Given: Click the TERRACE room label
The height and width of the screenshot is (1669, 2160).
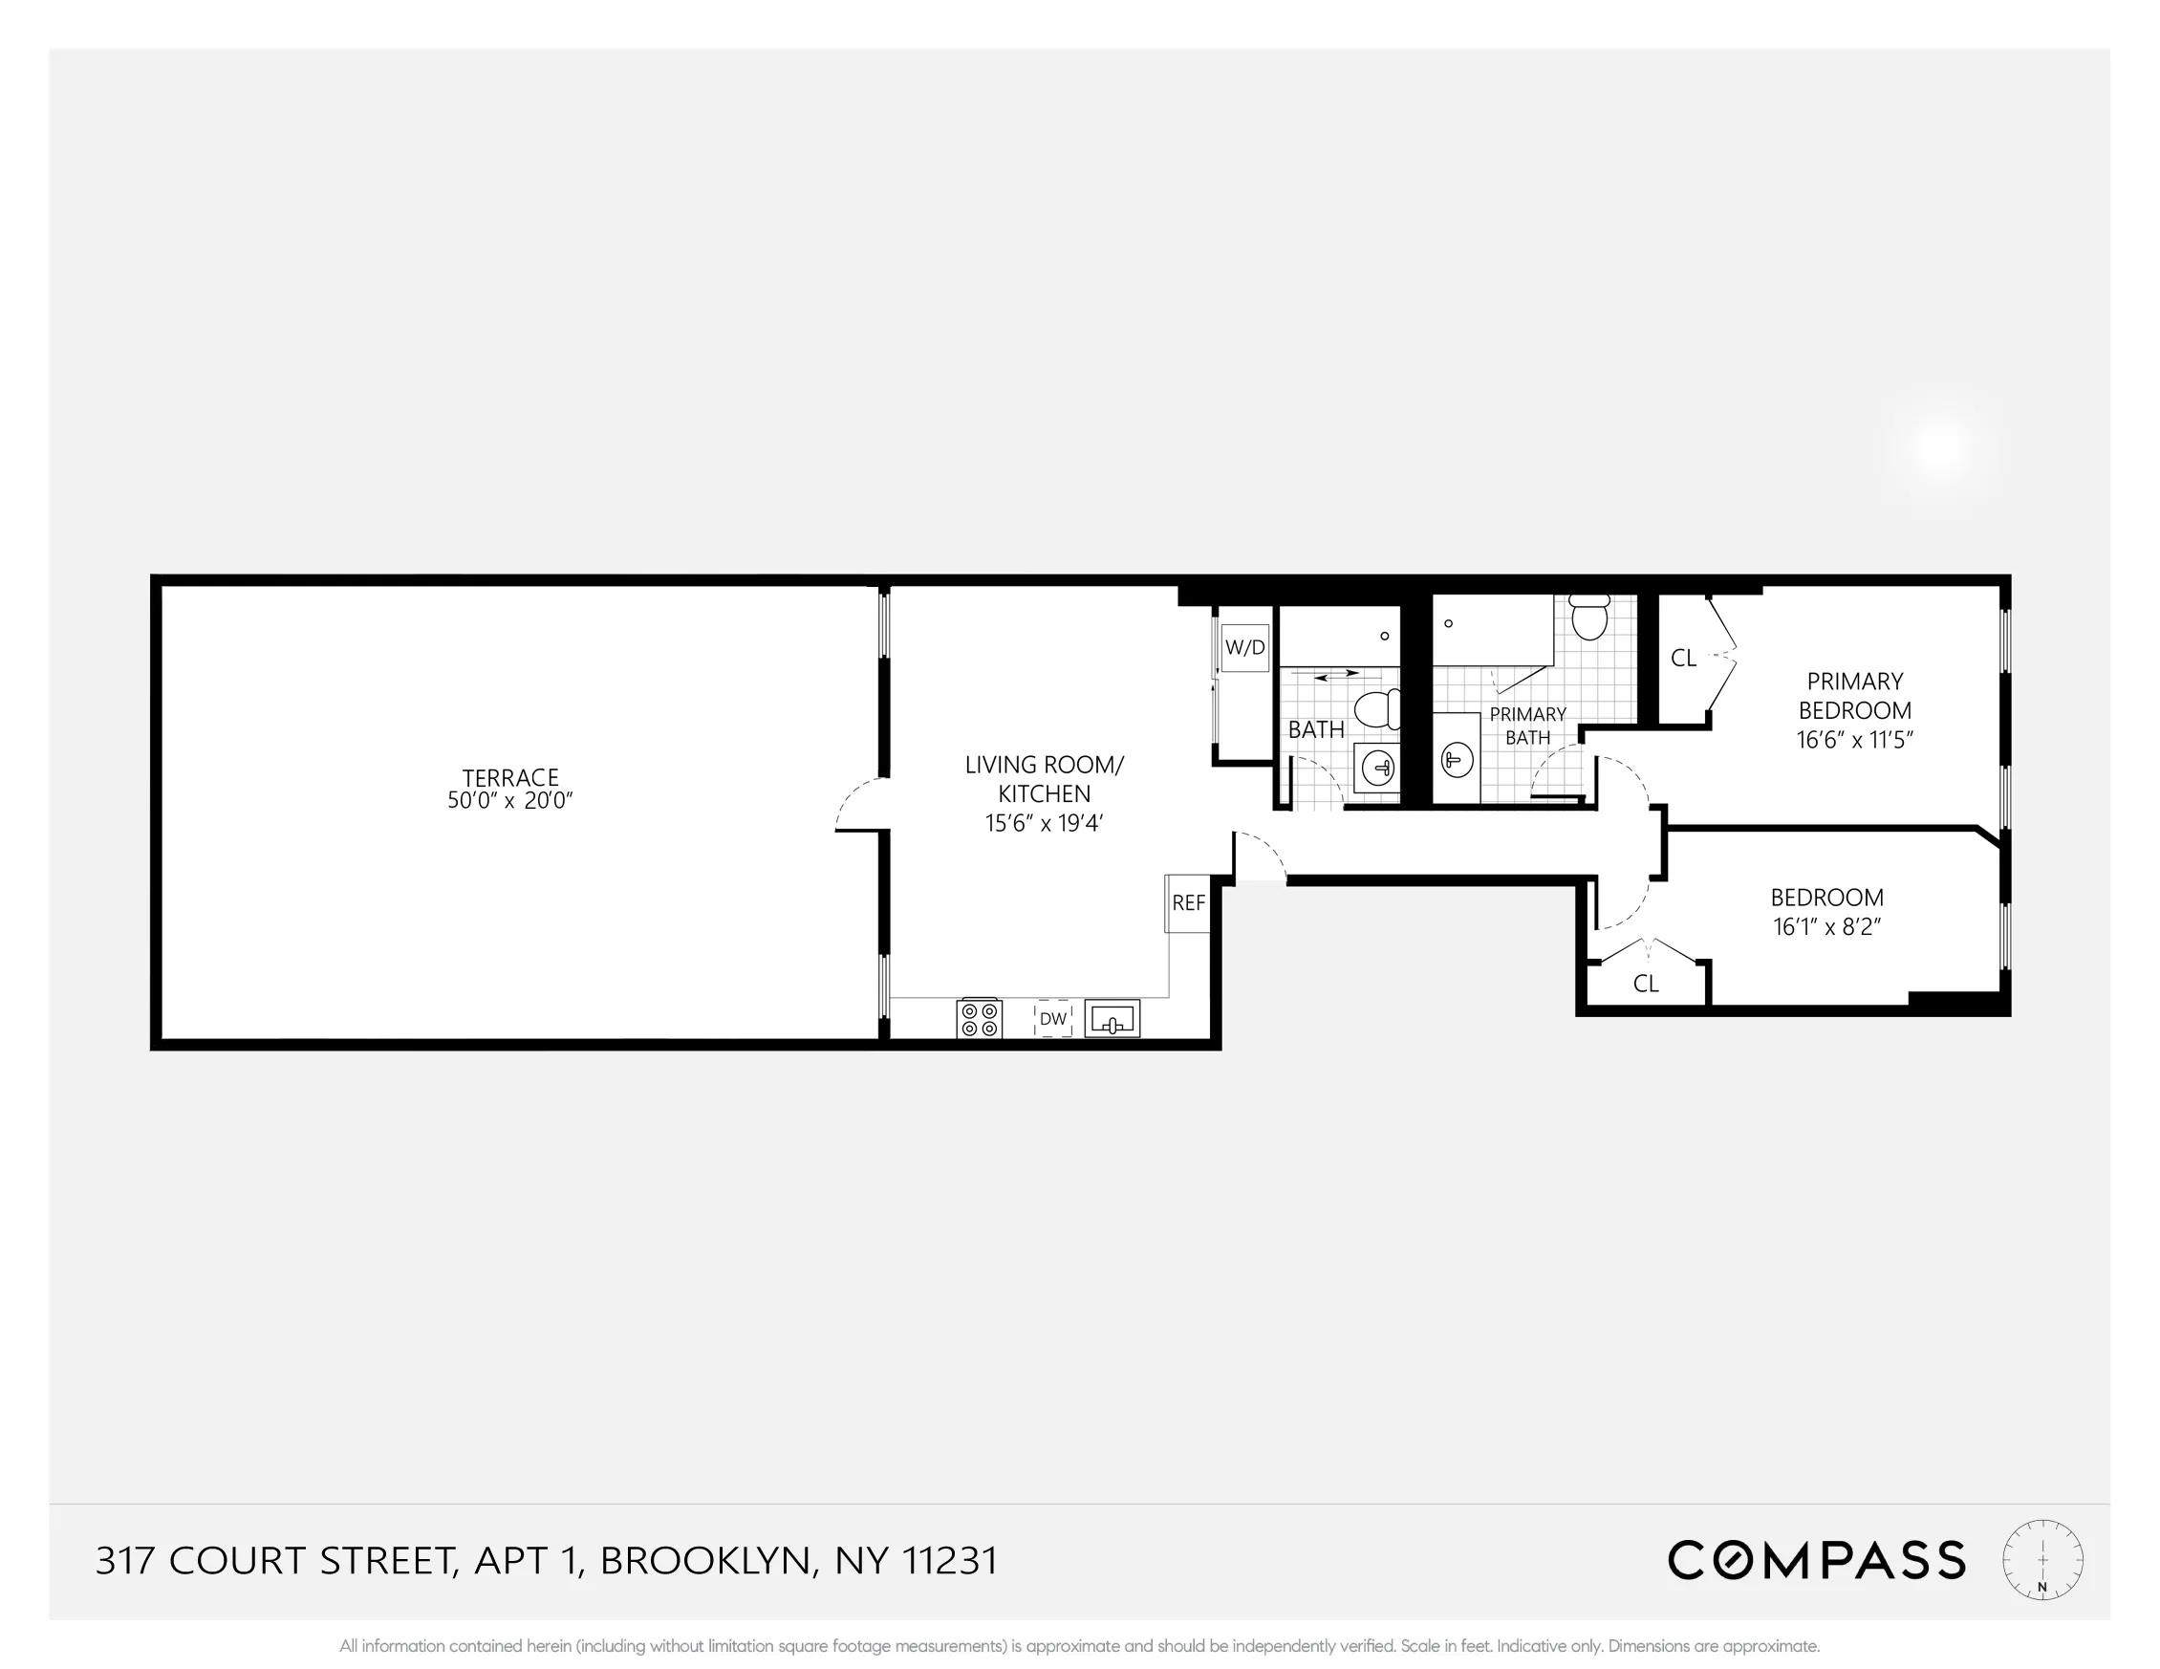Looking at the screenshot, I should [x=510, y=777].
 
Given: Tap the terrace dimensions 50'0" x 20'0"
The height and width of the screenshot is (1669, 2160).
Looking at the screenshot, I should [x=510, y=801].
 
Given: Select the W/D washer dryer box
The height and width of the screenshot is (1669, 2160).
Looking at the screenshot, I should [x=1245, y=648].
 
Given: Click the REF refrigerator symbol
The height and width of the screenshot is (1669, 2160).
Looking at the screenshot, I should [x=1188, y=903].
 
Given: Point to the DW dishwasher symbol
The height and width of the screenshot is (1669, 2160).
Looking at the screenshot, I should [x=1053, y=1018].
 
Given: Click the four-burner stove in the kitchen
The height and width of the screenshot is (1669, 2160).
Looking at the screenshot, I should [x=979, y=1019].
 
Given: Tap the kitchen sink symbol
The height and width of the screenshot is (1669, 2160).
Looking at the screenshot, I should [x=1112, y=1018].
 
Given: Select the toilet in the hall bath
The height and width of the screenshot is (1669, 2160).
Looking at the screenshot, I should [x=1375, y=709].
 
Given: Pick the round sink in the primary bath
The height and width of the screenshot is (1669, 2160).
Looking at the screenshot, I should [x=1457, y=760].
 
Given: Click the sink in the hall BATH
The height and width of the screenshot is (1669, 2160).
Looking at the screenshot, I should [x=1377, y=767].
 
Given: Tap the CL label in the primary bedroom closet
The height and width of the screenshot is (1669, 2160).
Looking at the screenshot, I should [x=1683, y=658].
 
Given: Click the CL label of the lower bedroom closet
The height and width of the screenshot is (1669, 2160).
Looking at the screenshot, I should [x=1646, y=984].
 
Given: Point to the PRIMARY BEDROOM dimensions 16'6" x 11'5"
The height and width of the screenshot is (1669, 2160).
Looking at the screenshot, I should [x=1854, y=740].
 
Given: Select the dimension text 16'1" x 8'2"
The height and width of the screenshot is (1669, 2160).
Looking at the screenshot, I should [x=1826, y=927].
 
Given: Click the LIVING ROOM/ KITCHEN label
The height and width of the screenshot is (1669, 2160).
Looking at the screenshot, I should [x=1045, y=779].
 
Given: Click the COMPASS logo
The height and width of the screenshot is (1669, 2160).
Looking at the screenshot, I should [x=1816, y=1560].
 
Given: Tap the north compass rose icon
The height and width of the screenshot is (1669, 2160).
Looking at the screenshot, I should [x=2042, y=1560].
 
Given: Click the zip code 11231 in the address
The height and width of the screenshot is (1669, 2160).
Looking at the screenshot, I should [x=949, y=1561].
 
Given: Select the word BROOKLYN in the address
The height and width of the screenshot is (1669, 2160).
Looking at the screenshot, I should [x=707, y=1561].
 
